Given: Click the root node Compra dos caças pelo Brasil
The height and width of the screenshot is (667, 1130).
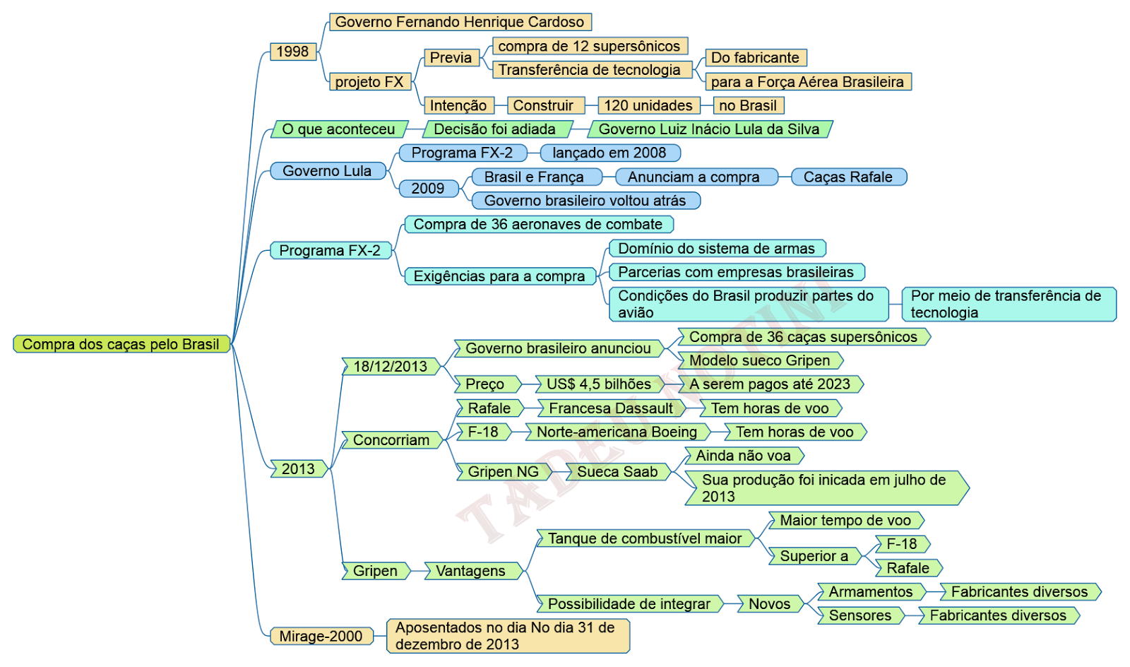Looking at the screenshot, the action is point(121,344).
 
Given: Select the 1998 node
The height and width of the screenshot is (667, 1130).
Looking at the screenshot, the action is point(292,52).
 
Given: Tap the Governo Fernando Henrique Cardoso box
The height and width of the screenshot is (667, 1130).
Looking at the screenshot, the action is point(460,22).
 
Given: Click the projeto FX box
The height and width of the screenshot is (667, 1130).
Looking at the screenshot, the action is point(369,82).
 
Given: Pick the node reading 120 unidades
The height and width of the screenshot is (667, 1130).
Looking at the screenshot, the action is point(648,105).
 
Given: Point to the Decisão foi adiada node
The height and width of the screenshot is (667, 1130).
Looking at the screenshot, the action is point(496,129).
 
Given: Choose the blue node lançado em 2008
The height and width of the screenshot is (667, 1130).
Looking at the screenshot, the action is point(609,153).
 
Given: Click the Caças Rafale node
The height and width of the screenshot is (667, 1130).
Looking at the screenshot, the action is point(848,177).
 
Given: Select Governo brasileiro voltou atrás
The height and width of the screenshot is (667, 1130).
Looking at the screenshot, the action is point(585,201).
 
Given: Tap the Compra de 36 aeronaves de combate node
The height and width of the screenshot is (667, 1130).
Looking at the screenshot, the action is point(538,225).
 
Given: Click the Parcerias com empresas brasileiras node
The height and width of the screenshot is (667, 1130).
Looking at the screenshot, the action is point(736,272).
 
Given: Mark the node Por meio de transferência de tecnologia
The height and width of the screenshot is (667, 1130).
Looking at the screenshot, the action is point(1008,304).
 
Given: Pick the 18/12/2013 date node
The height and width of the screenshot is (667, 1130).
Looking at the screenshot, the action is point(391,366).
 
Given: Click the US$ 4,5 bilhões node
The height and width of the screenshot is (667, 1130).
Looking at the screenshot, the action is point(599,384).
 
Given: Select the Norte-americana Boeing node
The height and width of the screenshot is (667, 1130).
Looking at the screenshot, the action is point(617,432).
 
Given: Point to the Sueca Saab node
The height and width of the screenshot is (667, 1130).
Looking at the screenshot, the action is point(617,472).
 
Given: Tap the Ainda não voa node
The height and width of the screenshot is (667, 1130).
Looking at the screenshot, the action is point(744,456).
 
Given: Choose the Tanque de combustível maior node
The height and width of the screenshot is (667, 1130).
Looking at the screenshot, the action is point(645,538).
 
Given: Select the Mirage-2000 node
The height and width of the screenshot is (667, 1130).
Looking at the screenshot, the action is point(321,636).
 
